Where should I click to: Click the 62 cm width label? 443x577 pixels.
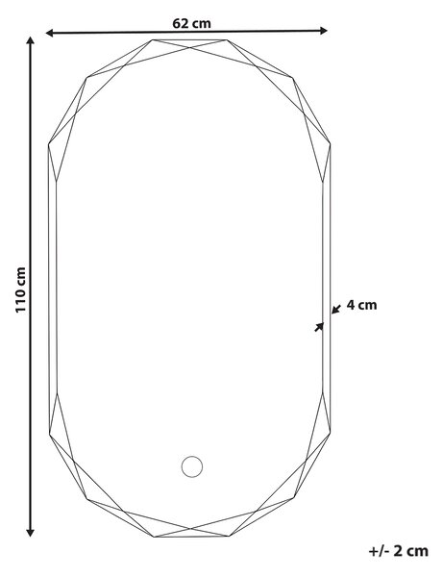[x=191, y=23]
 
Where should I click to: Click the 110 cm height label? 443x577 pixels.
[x=20, y=290]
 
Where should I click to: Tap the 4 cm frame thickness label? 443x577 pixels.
[x=361, y=305]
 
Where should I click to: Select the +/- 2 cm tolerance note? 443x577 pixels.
[x=399, y=551]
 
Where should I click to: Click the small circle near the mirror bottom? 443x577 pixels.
[x=192, y=466]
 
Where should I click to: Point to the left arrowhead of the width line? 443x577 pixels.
[x=50, y=33]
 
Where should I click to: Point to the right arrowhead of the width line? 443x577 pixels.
[x=324, y=31]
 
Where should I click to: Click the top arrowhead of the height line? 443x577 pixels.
[x=31, y=40]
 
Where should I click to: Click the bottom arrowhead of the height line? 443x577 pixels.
[x=31, y=533]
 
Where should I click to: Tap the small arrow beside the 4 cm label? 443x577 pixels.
[x=336, y=309]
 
